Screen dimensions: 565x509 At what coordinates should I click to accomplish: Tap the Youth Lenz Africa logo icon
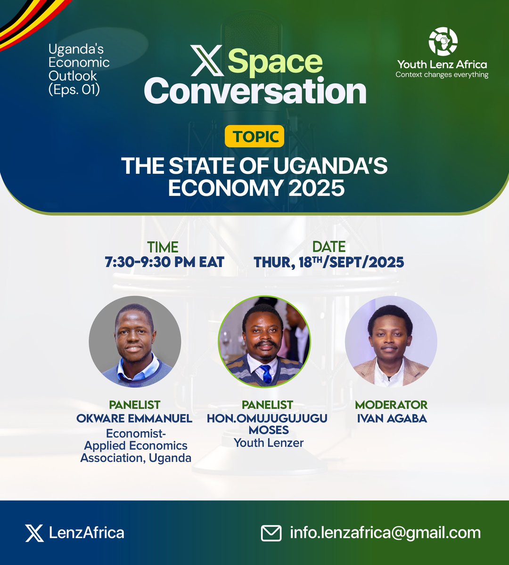[x=443, y=41]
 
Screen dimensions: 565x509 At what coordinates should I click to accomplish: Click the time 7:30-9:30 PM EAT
[x=164, y=262]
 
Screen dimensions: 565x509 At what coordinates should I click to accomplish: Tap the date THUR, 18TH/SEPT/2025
[x=329, y=262]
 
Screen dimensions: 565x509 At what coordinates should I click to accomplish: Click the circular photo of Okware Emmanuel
[x=135, y=342]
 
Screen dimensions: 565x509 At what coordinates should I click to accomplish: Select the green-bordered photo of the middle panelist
[x=264, y=342]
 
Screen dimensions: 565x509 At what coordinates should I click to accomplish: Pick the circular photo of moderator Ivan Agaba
[x=391, y=342]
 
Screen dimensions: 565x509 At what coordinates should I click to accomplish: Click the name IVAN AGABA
[x=392, y=418]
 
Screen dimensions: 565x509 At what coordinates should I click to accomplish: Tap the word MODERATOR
[x=391, y=405]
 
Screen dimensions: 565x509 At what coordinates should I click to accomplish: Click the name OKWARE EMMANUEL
[x=134, y=418]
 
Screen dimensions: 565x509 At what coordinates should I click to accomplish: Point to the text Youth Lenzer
[x=269, y=443]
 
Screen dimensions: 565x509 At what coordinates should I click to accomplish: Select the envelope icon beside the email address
[x=271, y=533]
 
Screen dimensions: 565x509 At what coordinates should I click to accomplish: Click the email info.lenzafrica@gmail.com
[x=385, y=533]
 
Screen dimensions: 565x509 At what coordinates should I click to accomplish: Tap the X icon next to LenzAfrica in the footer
[x=34, y=533]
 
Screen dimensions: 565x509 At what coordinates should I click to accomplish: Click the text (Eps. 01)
[x=74, y=89]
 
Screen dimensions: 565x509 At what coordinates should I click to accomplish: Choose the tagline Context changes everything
[x=442, y=74]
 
